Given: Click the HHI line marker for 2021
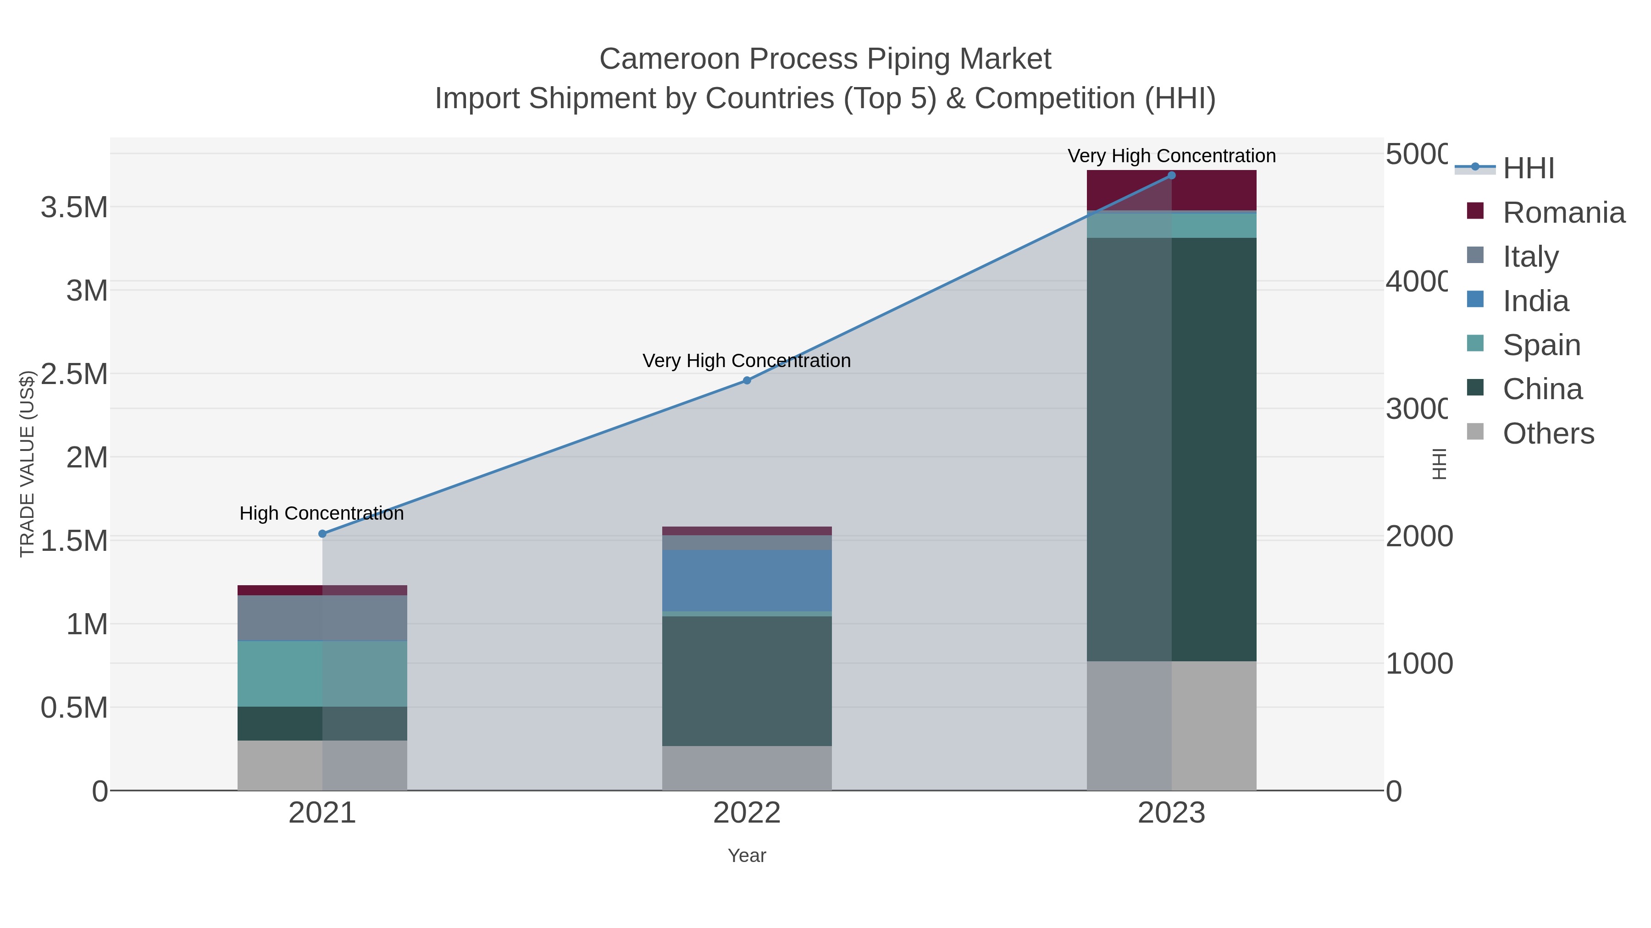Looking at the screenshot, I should tap(322, 533).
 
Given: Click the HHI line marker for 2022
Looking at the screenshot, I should tap(747, 380).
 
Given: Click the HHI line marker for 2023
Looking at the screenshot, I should tap(1172, 175).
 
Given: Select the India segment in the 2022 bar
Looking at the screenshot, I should tap(747, 580).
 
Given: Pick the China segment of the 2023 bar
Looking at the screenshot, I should tap(1172, 448).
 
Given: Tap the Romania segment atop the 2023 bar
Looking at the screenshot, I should tap(1172, 190).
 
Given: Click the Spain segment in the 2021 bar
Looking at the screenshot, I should tap(322, 673).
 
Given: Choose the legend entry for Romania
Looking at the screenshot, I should tap(1563, 213).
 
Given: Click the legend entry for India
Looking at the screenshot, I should tap(1535, 301).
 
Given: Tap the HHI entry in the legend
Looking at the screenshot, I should tap(1529, 169).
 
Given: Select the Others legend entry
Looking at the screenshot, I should tap(1548, 434).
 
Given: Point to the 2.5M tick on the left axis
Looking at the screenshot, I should tap(74, 374).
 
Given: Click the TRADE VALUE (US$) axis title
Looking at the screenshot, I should tap(27, 463).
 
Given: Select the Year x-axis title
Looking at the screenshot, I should tap(747, 856).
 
